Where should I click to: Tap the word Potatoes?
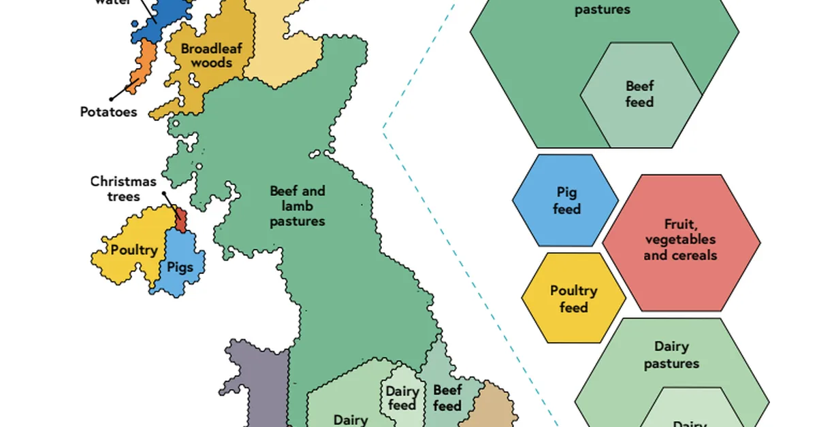109,112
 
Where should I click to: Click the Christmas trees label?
124,189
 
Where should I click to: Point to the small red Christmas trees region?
181,220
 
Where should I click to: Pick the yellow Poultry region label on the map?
134,250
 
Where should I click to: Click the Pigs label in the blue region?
180,267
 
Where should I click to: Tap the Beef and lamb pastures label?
298,206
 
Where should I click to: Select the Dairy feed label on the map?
401,398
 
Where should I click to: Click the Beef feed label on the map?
447,398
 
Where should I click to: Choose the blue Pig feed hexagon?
566,201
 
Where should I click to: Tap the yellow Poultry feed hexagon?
573,299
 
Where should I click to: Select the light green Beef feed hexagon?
639,95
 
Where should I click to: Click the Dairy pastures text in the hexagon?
671,356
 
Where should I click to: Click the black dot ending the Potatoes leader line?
110,99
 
